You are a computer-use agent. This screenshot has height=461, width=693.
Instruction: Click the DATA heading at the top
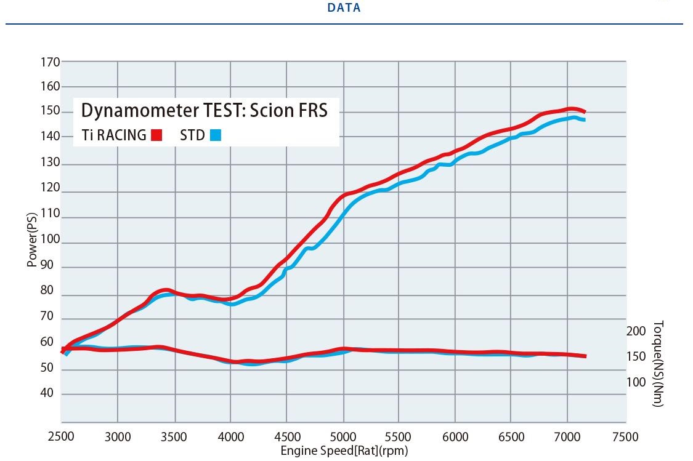point(344,8)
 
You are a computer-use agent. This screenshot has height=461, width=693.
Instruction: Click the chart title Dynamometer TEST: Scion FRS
point(205,110)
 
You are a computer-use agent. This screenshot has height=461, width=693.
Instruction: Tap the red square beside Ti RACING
point(156,135)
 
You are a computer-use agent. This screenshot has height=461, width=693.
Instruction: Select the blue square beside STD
point(215,135)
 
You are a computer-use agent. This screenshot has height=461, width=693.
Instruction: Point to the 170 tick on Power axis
point(51,62)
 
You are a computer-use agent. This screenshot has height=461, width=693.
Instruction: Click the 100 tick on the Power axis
point(51,239)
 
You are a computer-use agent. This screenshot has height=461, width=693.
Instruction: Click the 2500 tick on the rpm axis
point(61,436)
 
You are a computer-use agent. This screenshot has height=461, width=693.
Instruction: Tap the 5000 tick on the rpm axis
point(342,436)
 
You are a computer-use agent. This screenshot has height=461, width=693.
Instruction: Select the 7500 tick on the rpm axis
point(625,436)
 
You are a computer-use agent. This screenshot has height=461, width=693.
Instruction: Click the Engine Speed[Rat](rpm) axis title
point(344,451)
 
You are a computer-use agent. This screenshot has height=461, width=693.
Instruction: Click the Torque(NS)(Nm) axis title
point(658,363)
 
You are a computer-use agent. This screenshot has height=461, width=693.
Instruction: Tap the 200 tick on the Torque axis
point(636,331)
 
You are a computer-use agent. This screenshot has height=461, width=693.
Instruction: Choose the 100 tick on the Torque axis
point(636,382)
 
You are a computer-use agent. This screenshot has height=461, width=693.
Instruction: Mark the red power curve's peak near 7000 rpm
point(571,110)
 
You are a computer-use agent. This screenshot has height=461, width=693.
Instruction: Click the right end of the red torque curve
point(585,356)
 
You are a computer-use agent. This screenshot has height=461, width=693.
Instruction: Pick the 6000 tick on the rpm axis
point(455,436)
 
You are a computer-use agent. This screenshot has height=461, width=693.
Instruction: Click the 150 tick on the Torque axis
point(636,356)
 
